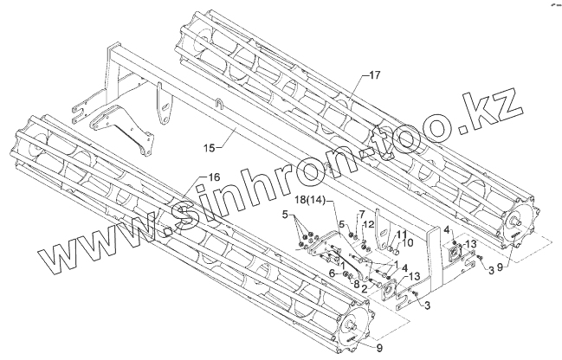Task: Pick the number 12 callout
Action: (x=369, y=225)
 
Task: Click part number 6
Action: (x=331, y=273)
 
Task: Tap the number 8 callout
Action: (x=356, y=283)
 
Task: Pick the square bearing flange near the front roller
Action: (x=384, y=291)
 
